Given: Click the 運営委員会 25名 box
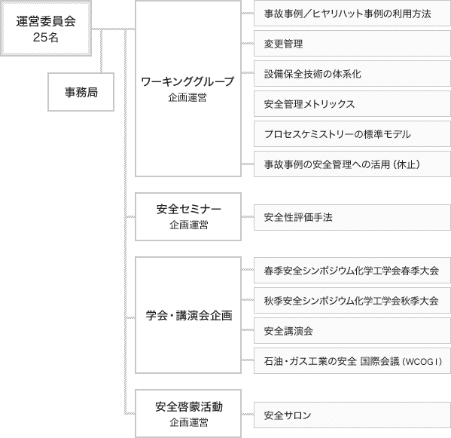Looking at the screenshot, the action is tap(46, 28).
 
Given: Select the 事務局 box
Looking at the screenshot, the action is tap(81, 92).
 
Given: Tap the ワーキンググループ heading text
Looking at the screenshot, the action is tap(187, 81).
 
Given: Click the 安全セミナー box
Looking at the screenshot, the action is tap(188, 216).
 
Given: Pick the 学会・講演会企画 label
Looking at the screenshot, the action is tap(189, 316).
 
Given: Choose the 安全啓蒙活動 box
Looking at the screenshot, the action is tap(188, 414).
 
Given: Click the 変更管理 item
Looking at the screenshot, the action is tap(352, 44).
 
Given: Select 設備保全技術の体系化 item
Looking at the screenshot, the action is tap(352, 74).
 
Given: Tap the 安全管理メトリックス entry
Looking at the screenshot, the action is tap(352, 104).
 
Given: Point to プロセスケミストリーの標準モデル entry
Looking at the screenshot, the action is tap(352, 134).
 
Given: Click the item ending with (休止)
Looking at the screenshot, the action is tap(352, 164).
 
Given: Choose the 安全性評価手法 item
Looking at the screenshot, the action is tap(352, 217).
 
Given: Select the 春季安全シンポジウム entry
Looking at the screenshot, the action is tap(352, 271).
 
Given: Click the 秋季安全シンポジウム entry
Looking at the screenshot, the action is tap(352, 301).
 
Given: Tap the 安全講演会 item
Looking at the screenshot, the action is tap(352, 331).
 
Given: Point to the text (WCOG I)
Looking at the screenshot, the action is tap(422, 361).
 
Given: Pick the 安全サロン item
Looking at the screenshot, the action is tap(352, 415).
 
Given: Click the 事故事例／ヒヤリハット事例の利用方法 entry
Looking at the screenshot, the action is tap(352, 14).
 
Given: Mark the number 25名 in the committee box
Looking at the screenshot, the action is tap(46, 37).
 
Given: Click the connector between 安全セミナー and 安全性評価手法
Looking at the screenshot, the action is tap(248, 216).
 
